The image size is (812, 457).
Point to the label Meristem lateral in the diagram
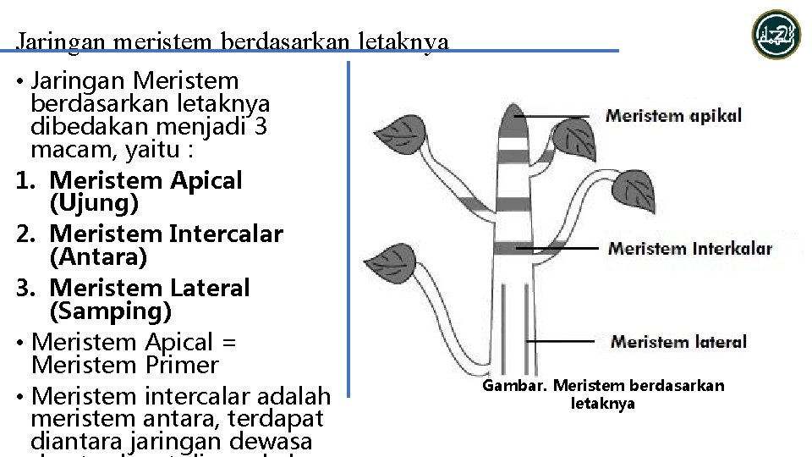coord(678,342)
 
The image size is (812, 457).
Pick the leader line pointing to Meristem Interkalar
coord(558,249)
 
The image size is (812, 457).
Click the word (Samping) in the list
coord(111,311)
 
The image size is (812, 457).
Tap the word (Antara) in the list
coord(97,256)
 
